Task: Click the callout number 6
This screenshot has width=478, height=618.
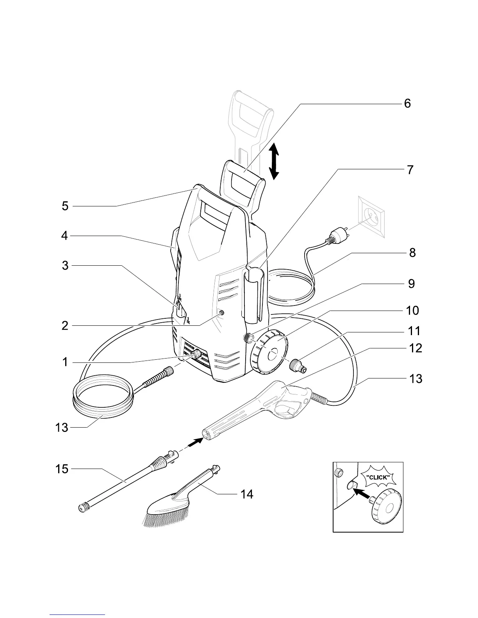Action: [407, 103]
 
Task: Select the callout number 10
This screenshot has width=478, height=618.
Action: [413, 311]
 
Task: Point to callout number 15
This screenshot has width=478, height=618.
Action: [62, 469]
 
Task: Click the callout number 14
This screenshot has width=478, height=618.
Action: [247, 494]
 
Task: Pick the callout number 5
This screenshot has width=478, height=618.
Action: [65, 206]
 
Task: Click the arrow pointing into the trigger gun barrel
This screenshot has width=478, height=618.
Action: [195, 442]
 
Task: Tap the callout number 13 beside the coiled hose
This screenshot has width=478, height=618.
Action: [61, 428]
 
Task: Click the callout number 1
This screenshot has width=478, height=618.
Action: [65, 362]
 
